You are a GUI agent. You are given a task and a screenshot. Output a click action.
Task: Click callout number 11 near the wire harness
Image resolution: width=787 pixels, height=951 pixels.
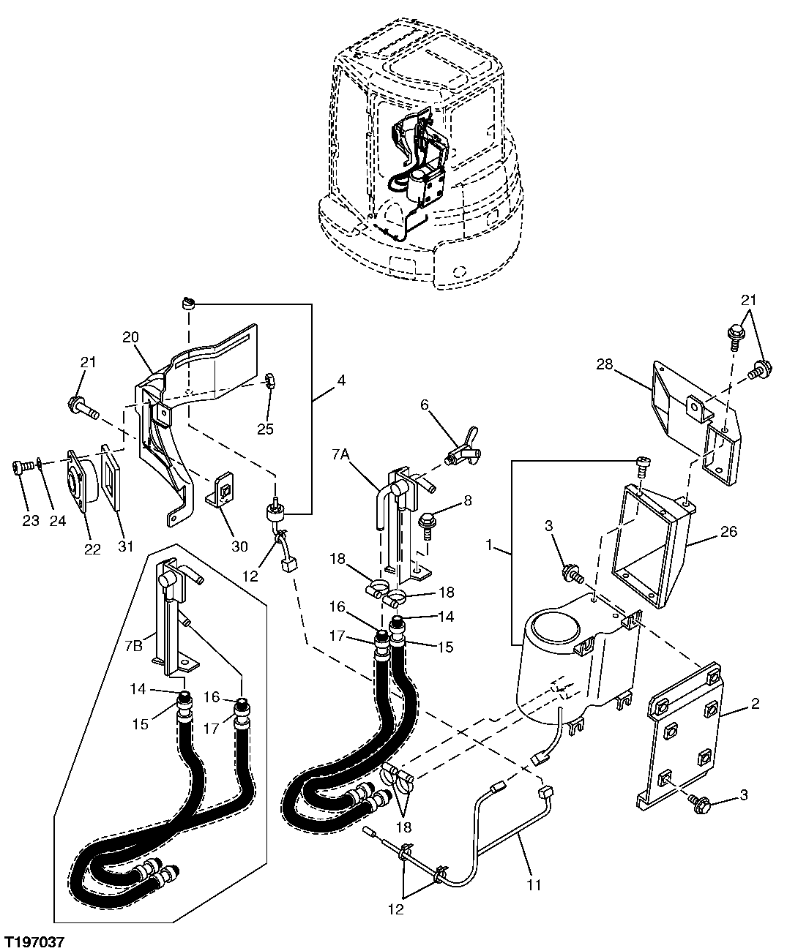pos(534,884)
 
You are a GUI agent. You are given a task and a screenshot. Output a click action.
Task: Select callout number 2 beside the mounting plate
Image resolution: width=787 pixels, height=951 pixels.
pos(755,705)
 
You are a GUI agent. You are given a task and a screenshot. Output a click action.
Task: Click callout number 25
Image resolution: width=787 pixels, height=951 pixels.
pos(265,429)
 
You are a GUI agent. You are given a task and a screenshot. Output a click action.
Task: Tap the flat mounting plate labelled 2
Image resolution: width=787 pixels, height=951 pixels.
pos(681,732)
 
